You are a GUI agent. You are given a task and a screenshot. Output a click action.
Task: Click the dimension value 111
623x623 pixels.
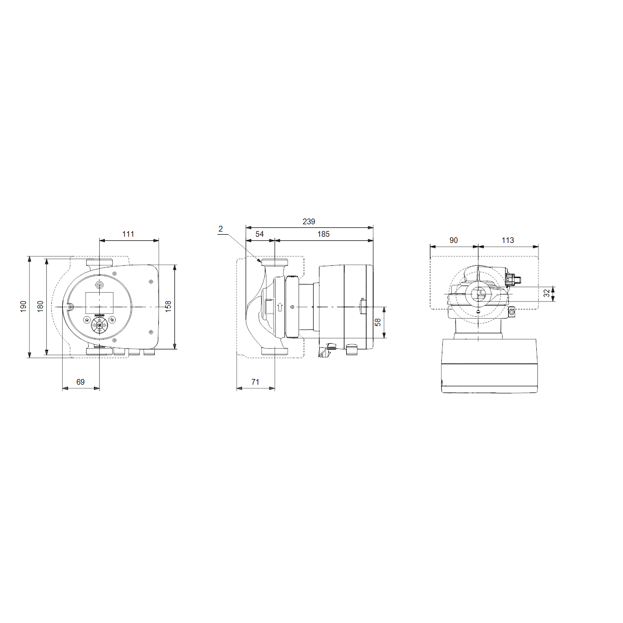pyautogui.click(x=128, y=234)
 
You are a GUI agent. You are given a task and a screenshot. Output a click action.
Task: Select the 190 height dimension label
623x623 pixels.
pyautogui.click(x=23, y=307)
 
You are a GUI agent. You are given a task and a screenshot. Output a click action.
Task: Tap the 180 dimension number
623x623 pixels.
pyautogui.click(x=40, y=307)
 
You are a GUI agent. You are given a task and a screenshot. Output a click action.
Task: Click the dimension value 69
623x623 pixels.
pyautogui.click(x=80, y=382)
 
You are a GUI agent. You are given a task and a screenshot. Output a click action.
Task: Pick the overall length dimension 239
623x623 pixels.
pyautogui.click(x=308, y=222)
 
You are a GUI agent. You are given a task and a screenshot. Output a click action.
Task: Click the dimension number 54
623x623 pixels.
pyautogui.click(x=260, y=234)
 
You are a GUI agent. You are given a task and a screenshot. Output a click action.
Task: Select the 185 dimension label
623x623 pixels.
pyautogui.click(x=323, y=234)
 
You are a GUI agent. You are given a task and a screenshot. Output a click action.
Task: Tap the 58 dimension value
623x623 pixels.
pyautogui.click(x=378, y=322)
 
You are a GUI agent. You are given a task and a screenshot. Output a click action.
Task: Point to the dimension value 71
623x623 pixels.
pyautogui.click(x=255, y=382)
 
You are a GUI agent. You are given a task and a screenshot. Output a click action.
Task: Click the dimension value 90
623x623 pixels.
pyautogui.click(x=454, y=240)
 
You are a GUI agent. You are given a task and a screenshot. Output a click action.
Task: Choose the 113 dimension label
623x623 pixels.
pyautogui.click(x=508, y=240)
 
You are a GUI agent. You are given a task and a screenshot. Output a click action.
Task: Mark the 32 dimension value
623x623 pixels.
pyautogui.click(x=547, y=293)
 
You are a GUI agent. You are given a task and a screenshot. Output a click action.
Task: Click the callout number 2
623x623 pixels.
pyautogui.click(x=221, y=228)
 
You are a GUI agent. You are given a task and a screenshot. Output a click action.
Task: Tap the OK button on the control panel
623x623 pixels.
pyautogui.click(x=99, y=326)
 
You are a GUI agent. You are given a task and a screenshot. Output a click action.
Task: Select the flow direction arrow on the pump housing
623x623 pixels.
pyautogui.click(x=280, y=307)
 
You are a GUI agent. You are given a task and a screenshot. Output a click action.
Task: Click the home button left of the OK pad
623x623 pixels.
pyautogui.click(x=86, y=320)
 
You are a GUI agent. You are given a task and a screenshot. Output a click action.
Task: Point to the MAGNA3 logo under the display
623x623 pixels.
pyautogui.click(x=99, y=315)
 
